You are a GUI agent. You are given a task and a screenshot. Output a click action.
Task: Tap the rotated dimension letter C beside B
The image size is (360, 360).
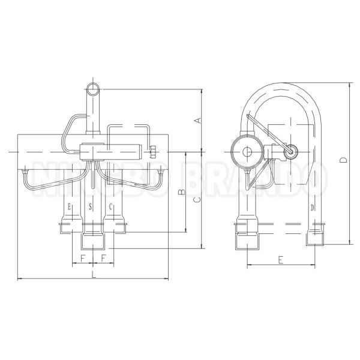click(197, 200)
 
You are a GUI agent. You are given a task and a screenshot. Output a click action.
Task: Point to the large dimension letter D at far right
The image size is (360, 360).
click(343, 160)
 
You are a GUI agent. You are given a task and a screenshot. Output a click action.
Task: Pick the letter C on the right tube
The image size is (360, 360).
click(111, 207)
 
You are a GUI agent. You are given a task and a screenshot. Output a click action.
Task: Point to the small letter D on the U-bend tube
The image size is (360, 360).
click(313, 207)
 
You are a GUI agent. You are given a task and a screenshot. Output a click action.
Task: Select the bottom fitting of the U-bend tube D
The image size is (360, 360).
click(316, 238)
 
